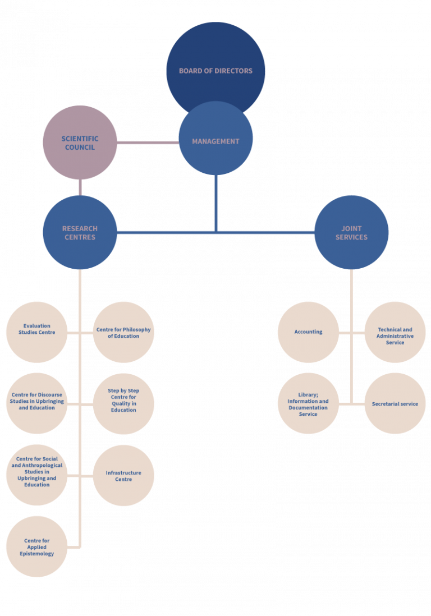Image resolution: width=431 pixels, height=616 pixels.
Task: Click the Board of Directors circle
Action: pos(215,62)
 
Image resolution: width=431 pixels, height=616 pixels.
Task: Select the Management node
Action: pos(215,141)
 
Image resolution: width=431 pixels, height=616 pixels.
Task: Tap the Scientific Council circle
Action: pos(80,142)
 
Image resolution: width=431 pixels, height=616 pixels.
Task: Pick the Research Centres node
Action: pos(80,232)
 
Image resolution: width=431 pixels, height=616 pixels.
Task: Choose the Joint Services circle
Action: pos(351,232)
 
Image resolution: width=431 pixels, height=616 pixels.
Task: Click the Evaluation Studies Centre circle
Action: pos(36,332)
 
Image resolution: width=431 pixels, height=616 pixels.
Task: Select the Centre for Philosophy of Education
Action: pos(123,332)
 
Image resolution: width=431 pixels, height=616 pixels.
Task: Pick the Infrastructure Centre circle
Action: pos(123,476)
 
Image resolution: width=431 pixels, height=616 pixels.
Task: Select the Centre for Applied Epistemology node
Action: pos(36,546)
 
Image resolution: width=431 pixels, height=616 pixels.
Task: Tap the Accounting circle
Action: pos(308,332)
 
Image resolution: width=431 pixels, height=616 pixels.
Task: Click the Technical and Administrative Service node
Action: pos(395,335)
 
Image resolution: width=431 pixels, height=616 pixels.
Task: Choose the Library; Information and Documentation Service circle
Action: pos(308,404)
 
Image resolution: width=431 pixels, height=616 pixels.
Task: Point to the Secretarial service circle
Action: pos(395,404)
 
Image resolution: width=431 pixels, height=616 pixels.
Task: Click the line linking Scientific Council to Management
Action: pos(148,142)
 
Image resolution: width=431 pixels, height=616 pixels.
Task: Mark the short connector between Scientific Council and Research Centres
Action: pos(80,187)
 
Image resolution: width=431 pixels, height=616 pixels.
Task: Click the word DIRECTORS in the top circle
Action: pos(233,71)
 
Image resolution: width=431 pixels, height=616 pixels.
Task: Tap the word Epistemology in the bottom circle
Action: pos(36,554)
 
